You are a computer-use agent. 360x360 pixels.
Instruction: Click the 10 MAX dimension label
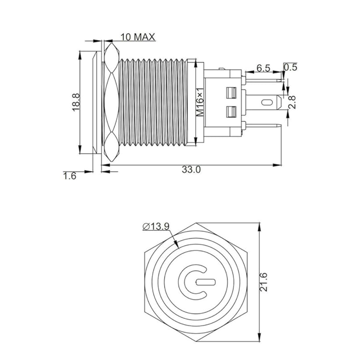[138, 37]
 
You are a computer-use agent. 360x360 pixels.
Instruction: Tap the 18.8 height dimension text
[76, 102]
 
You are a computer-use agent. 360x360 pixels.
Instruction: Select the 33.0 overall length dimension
[191, 170]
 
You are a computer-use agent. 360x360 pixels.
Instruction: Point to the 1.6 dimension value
[69, 176]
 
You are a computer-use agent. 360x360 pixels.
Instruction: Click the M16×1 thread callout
[200, 102]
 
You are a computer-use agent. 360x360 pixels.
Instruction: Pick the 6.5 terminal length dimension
[263, 68]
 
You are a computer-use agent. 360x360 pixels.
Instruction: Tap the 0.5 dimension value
[290, 67]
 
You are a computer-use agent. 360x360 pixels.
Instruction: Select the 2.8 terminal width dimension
[292, 102]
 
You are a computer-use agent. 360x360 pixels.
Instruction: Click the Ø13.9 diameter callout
[156, 226]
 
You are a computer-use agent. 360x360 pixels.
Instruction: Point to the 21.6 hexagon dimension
[264, 282]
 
